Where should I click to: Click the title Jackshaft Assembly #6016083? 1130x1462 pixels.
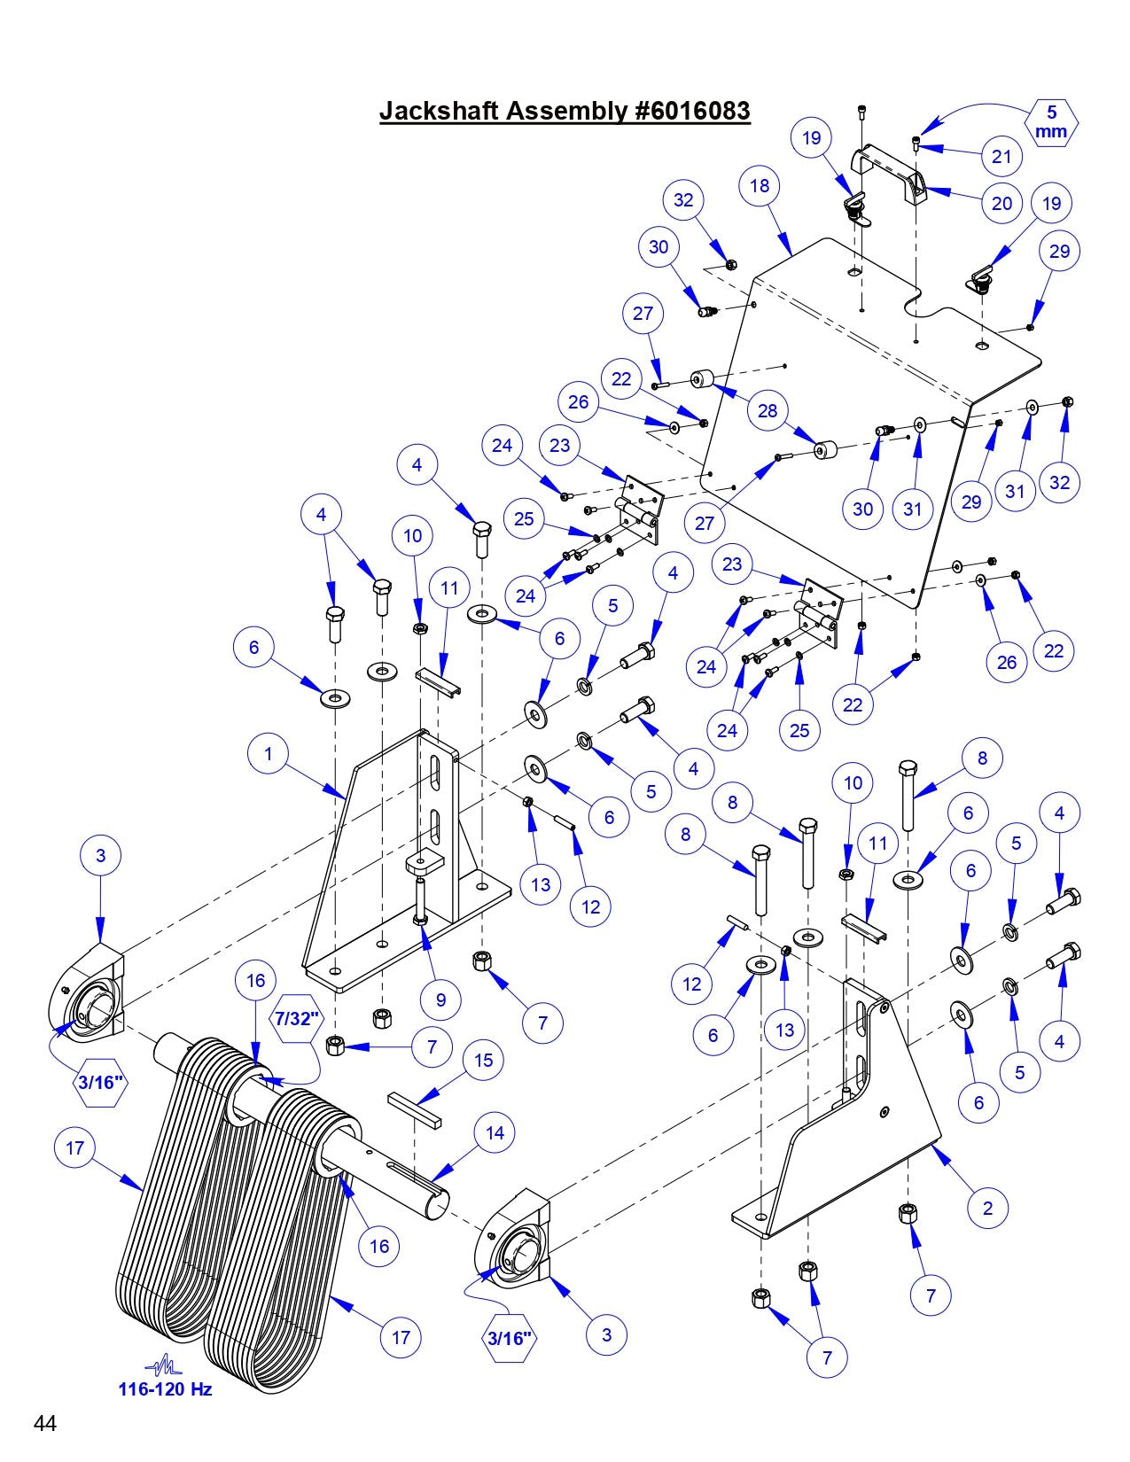tap(565, 111)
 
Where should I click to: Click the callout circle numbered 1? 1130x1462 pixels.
tap(269, 755)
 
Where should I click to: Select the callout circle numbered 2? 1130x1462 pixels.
tap(988, 1208)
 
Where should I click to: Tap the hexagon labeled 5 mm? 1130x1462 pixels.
tap(1052, 122)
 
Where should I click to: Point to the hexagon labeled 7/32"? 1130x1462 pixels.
tap(295, 1018)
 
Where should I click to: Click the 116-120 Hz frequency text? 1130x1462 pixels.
tap(165, 1389)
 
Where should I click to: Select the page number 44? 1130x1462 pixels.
tap(45, 1423)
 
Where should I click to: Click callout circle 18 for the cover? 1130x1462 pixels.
tap(760, 186)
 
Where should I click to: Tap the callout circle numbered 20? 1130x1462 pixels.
tap(1001, 203)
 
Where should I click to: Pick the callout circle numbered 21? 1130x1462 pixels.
tap(1001, 157)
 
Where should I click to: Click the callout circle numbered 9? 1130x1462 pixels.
tap(440, 1000)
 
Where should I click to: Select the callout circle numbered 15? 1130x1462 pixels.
tap(483, 1060)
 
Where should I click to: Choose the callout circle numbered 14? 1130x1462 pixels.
tap(495, 1132)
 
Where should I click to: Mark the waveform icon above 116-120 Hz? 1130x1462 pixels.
tap(164, 1365)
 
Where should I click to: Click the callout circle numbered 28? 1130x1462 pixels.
tap(768, 411)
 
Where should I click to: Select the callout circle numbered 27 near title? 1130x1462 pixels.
tap(643, 313)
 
